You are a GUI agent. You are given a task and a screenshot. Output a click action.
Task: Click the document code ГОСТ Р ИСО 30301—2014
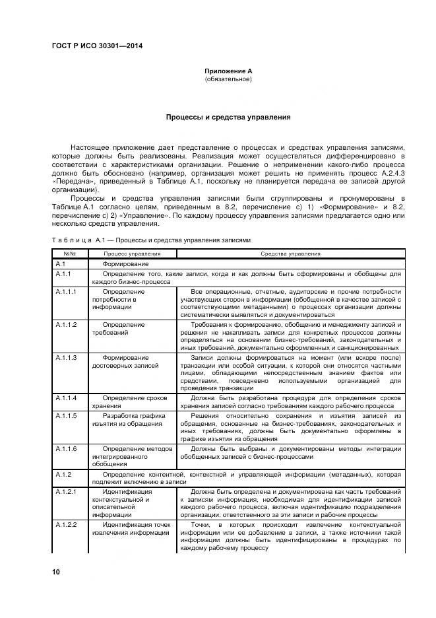point(97,46)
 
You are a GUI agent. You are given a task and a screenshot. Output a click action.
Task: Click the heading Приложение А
point(228,71)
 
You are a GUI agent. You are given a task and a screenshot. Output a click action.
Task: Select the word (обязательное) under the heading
point(228,79)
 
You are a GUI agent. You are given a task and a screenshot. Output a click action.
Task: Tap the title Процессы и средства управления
point(228,117)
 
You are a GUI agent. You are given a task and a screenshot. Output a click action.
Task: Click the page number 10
point(56,571)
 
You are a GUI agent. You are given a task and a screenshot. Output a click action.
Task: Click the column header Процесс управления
point(132,254)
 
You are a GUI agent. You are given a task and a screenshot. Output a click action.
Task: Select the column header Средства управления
point(290,254)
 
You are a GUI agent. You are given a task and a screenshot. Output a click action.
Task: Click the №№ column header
point(69,254)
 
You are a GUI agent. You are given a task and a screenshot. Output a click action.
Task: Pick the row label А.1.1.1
point(67,291)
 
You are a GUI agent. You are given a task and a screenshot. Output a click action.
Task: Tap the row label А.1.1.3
point(67,357)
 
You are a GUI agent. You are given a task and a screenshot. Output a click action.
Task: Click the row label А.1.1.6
point(67,448)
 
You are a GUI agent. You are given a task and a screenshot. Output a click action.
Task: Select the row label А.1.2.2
point(67,525)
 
